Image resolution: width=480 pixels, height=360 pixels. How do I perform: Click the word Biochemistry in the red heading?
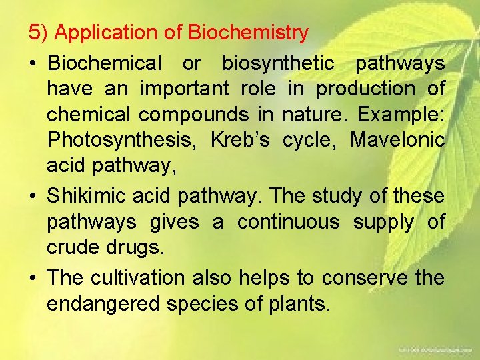pyautogui.click(x=249, y=33)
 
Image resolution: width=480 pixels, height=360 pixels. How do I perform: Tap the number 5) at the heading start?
pyautogui.click(x=37, y=33)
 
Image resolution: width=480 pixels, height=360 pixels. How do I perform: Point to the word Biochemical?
pyautogui.click(x=105, y=63)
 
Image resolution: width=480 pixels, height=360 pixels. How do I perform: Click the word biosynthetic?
pyautogui.click(x=278, y=63)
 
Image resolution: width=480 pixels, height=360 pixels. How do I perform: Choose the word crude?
pyautogui.click(x=73, y=247)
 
